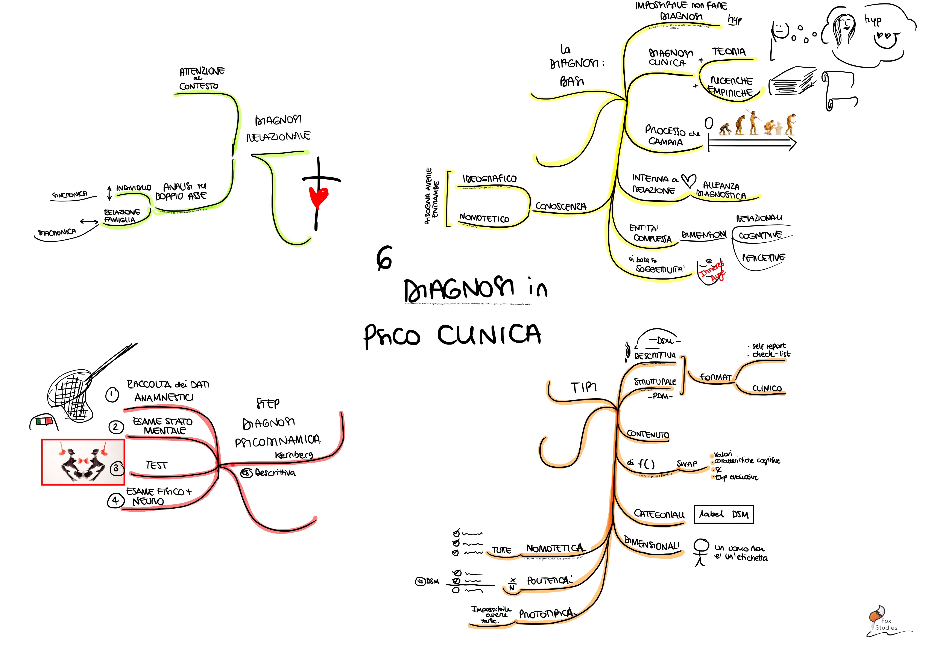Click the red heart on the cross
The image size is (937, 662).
point(318,197)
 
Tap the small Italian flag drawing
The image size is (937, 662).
point(44,420)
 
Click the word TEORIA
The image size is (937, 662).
point(729,52)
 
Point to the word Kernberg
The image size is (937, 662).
point(294,455)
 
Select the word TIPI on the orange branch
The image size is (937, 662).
point(584,387)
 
